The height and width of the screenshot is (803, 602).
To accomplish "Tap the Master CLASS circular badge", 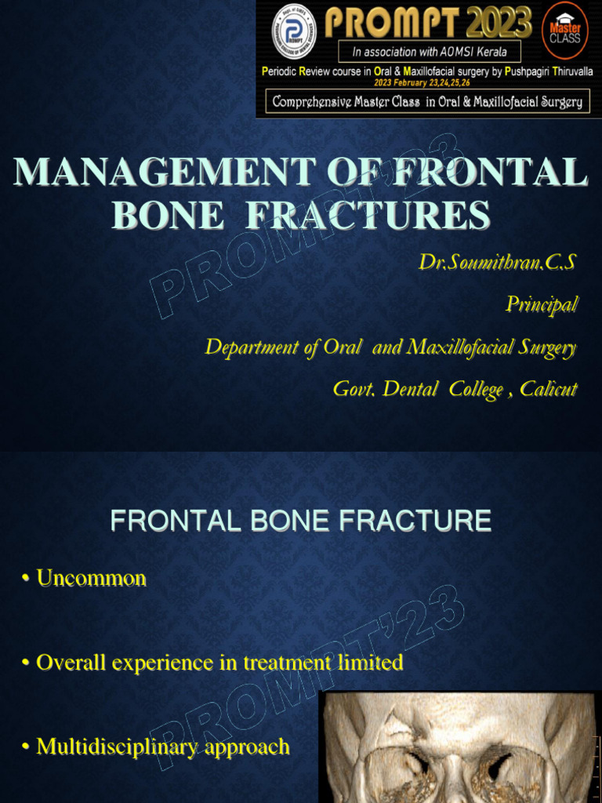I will click(565, 31).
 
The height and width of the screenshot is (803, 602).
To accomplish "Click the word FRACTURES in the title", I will click(368, 215).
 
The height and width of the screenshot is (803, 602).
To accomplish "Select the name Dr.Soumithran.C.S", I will click(497, 263).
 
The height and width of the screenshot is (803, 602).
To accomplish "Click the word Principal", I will click(542, 303).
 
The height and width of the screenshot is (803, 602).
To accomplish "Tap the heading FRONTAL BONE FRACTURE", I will click(301, 521).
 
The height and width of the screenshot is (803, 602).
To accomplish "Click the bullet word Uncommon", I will click(91, 579).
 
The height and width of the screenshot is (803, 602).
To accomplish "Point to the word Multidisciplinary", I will click(118, 747).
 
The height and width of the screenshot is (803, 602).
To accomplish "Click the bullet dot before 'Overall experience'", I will click(26, 663).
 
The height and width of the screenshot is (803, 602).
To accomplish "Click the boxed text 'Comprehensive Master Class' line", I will click(427, 103).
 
